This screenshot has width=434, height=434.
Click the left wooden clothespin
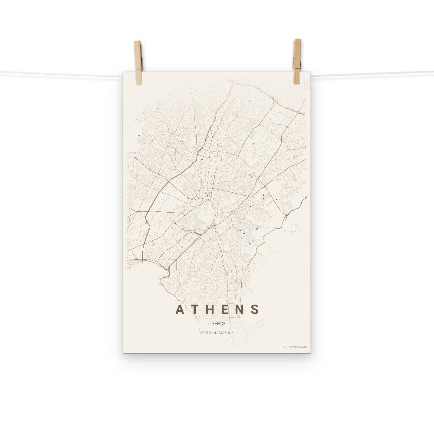point(138,62)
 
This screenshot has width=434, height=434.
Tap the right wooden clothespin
point(297,61)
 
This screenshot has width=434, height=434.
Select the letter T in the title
point(195,309)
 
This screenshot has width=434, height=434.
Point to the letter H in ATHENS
point(210,309)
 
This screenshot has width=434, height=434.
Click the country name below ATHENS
point(217,323)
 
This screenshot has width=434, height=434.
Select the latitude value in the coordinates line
point(208,333)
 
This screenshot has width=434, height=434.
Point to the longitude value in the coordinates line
point(226,333)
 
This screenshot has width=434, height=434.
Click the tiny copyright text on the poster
point(295,347)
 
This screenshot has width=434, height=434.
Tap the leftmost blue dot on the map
point(139,135)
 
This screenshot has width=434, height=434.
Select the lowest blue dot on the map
point(250,244)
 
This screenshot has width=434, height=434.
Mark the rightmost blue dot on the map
point(276,199)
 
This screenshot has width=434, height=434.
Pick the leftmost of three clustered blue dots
point(238,231)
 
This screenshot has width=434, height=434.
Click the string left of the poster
point(61,73)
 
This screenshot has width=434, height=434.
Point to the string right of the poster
point(373,73)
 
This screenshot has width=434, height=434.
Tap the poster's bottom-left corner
point(124,352)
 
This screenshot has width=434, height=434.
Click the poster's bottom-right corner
point(310,352)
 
